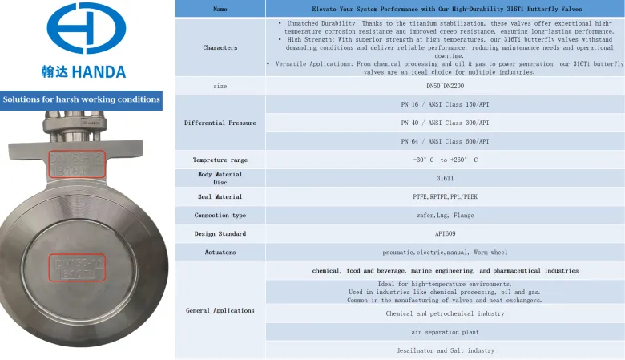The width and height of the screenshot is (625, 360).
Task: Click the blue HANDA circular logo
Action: pos(86,29)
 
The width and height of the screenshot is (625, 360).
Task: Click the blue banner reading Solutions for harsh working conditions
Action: pos(82,100)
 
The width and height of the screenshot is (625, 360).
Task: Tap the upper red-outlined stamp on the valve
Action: pos(77,163)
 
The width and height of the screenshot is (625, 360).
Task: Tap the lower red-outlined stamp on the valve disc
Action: pos(77,267)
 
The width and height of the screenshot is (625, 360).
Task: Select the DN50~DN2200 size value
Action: pos(445,86)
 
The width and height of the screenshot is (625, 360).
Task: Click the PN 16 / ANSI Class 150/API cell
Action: pos(445,104)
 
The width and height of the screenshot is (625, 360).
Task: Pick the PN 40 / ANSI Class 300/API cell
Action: pos(445,123)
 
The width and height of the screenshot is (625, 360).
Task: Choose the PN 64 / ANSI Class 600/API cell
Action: pos(445,141)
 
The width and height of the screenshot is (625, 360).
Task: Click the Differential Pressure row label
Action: pos(220,123)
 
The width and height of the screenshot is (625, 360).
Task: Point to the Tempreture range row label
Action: pos(220,160)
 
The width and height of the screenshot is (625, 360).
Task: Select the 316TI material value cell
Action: pos(445,178)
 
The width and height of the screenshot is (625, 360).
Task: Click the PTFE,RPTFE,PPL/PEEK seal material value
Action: pos(445,196)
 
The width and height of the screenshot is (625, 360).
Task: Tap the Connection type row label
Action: pos(220,215)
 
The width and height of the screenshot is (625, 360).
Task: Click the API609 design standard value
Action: pos(445,233)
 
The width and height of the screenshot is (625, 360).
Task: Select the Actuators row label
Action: pos(220,252)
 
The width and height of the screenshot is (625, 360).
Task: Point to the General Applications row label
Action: pos(220,310)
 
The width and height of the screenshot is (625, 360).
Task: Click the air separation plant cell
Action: pos(445,332)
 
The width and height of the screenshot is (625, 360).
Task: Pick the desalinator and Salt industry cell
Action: pos(445,350)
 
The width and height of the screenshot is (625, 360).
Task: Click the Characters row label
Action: pos(220,47)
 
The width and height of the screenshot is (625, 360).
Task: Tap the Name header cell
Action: pos(220,9)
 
